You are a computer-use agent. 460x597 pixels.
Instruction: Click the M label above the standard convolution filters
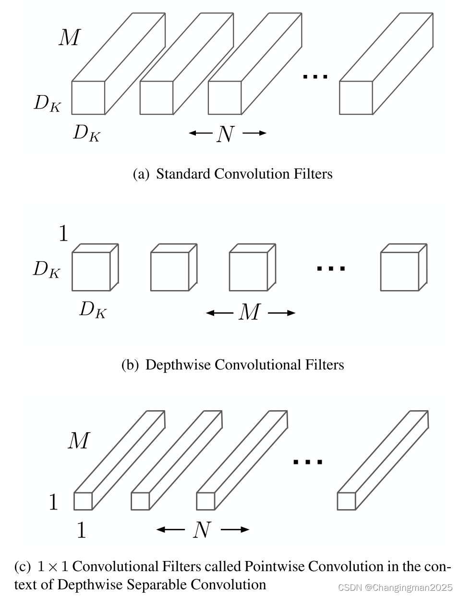tap(69, 37)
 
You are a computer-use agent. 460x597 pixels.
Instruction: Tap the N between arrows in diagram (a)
tap(225, 134)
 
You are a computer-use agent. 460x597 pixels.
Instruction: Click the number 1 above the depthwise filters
tap(63, 233)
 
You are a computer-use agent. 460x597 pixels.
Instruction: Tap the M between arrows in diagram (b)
tap(249, 313)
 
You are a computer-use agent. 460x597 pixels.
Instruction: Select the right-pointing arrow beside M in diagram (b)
tap(282, 313)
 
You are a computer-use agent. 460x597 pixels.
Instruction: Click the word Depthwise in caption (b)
tap(178, 365)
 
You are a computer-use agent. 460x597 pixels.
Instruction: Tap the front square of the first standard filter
tap(88, 97)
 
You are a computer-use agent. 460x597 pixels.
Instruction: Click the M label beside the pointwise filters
tap(78, 440)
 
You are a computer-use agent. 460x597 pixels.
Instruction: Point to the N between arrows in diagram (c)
tap(202, 530)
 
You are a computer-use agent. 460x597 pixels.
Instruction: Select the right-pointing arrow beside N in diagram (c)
tap(235, 530)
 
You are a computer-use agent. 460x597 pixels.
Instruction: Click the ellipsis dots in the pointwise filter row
tap(308, 462)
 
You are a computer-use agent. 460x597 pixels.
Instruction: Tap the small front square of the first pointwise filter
tap(83, 501)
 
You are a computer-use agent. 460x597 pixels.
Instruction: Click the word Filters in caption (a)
tap(313, 173)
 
